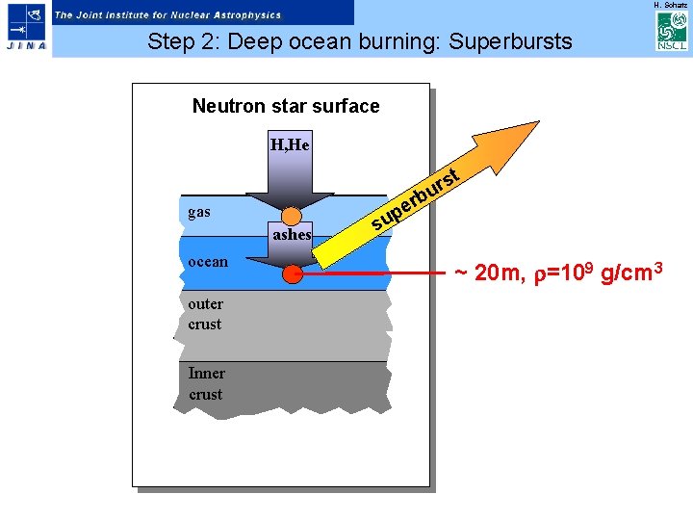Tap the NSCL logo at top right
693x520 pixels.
(670, 32)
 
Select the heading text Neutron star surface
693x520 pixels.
(286, 106)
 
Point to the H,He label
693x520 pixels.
(290, 145)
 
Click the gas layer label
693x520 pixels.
(199, 211)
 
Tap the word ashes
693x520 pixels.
(292, 234)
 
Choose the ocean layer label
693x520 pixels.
(208, 261)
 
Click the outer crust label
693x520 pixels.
(205, 314)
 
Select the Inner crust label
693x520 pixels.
(206, 383)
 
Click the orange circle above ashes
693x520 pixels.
(292, 216)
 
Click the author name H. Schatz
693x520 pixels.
(670, 5)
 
